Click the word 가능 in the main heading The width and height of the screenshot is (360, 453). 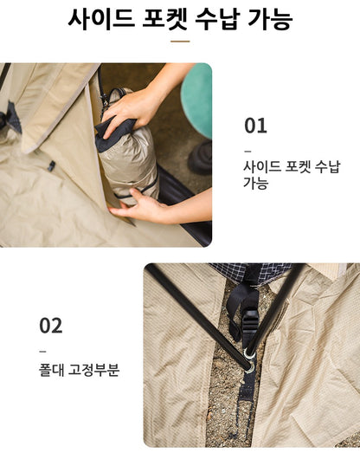[x=269, y=18]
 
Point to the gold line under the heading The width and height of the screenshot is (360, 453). [x=180, y=40]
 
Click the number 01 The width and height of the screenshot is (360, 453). [x=255, y=126]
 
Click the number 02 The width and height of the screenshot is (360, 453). [x=51, y=326]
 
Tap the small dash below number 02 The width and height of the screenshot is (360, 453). [x=42, y=351]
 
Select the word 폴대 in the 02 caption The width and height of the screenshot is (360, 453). [x=53, y=370]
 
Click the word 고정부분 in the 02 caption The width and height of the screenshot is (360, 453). [x=94, y=370]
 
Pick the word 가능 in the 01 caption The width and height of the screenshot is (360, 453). [x=256, y=183]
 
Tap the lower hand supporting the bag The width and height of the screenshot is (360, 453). [x=138, y=205]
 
